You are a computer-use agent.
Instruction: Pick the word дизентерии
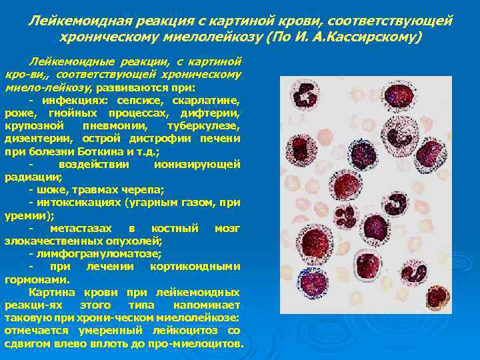(x=41, y=139)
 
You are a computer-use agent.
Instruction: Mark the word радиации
(x=31, y=177)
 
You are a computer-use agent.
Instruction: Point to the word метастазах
(x=81, y=229)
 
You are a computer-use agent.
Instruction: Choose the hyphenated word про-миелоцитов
(x=193, y=344)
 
